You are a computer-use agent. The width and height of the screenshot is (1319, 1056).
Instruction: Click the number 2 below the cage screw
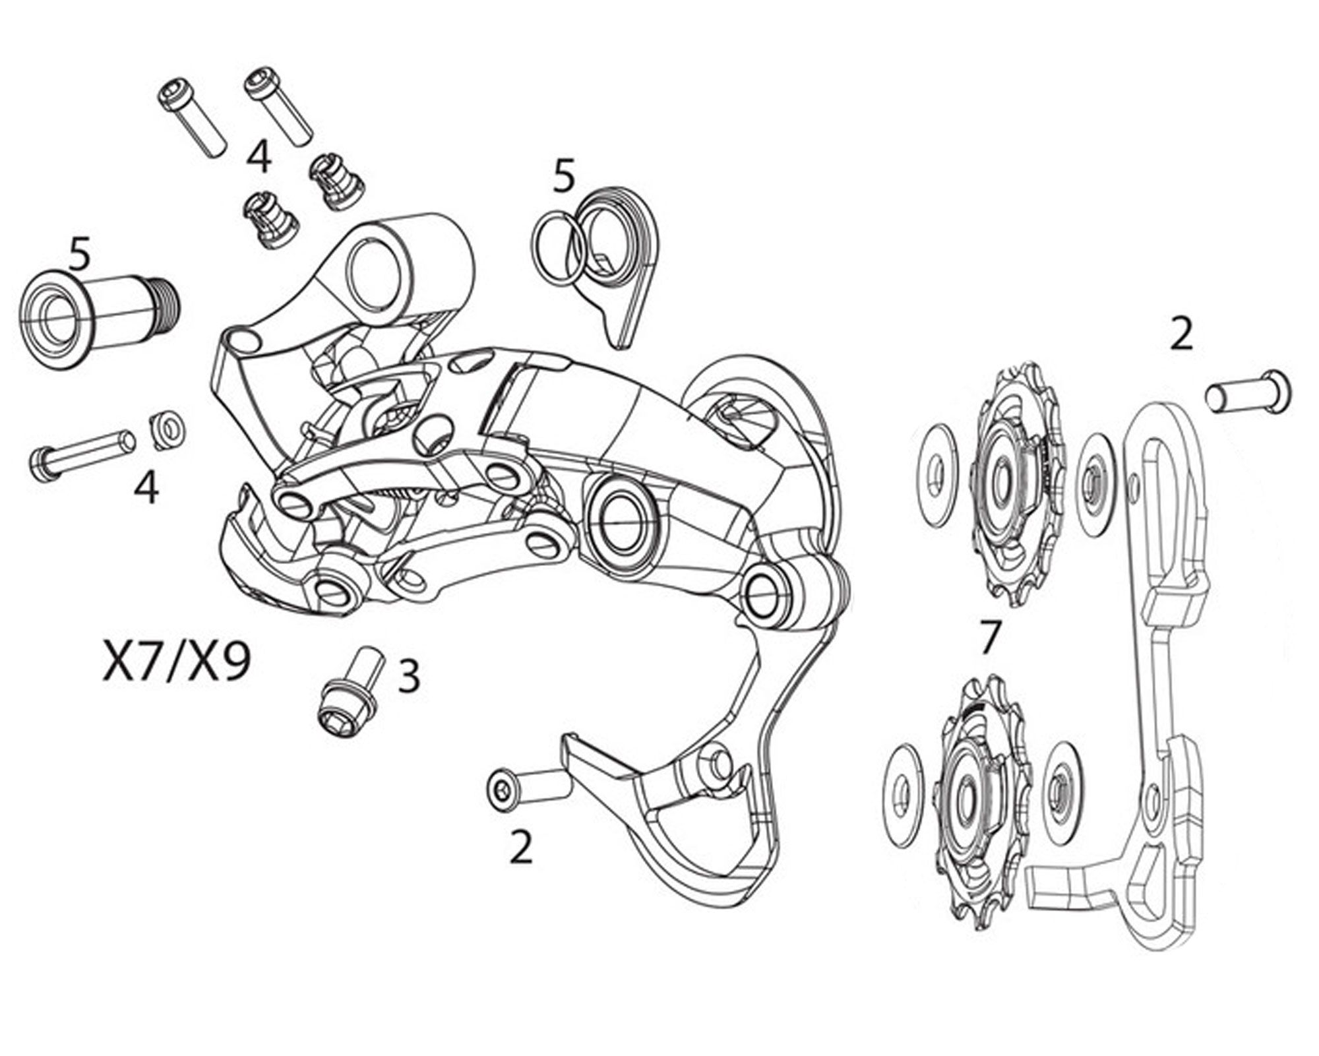[x=521, y=846]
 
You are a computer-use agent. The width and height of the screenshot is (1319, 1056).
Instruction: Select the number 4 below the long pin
[x=146, y=487]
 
